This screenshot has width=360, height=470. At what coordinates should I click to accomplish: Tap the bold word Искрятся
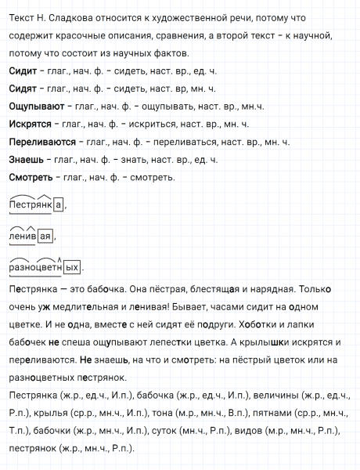tap(29, 124)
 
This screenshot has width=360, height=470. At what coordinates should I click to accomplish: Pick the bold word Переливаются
tap(41, 142)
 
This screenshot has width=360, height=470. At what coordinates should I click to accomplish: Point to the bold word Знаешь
tap(26, 160)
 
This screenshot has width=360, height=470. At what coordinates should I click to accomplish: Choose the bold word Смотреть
tap(31, 178)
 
